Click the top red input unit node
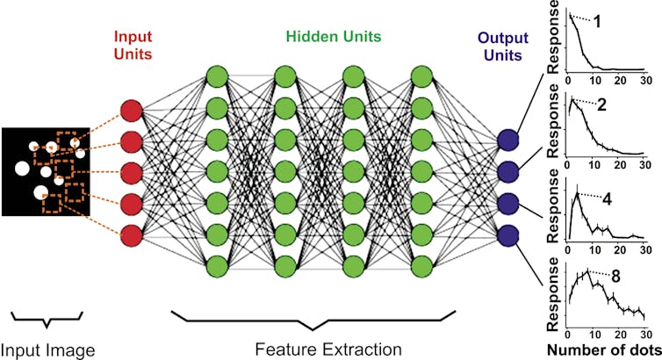click(130, 111)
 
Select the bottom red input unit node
click(130, 235)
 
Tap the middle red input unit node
click(130, 173)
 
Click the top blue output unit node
click(507, 140)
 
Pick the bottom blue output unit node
click(507, 235)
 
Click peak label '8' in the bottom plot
click(617, 276)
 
